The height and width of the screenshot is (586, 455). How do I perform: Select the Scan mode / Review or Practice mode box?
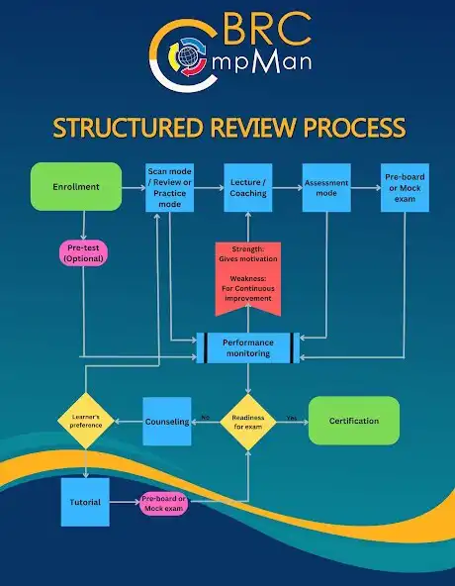click(170, 185)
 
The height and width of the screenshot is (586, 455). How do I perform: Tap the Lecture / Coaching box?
click(248, 185)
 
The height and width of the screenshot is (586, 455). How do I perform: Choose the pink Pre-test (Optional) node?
click(84, 252)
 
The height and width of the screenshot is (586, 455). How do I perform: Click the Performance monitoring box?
click(248, 345)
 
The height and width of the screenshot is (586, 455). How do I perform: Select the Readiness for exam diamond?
click(248, 421)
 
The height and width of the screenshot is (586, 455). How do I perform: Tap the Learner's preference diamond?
click(86, 421)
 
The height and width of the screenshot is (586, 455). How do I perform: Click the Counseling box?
click(167, 421)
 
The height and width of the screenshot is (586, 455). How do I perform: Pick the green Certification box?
click(354, 421)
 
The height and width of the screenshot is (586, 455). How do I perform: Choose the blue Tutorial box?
click(86, 502)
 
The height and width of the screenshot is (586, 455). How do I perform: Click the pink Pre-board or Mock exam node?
click(164, 502)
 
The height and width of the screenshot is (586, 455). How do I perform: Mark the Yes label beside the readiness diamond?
click(291, 417)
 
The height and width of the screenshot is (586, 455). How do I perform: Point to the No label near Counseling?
click(205, 417)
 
